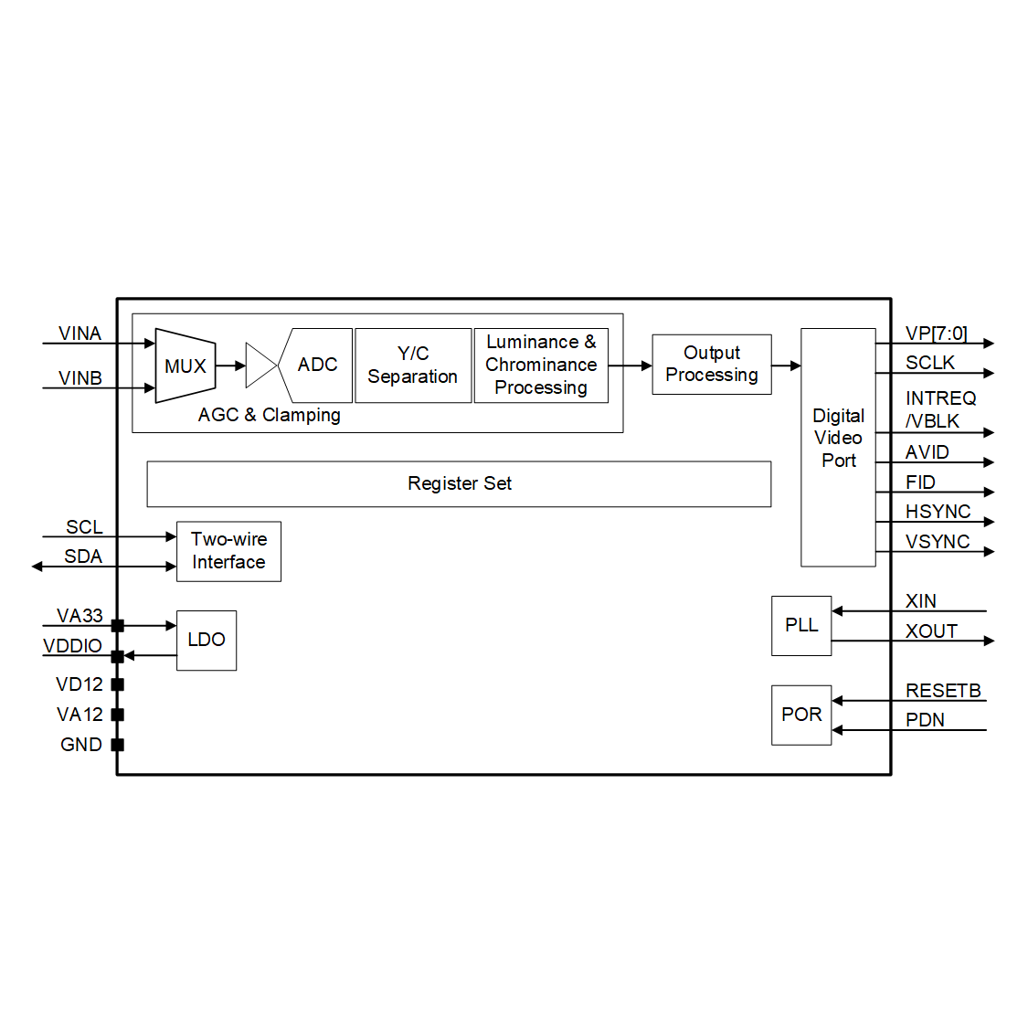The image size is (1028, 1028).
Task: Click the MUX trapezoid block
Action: (185, 366)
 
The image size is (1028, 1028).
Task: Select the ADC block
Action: (317, 366)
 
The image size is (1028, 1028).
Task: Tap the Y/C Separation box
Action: (413, 366)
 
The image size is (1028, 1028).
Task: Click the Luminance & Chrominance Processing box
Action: (541, 366)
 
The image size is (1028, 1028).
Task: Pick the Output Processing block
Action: (712, 365)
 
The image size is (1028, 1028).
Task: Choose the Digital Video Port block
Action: (838, 447)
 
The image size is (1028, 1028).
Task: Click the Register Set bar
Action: (459, 483)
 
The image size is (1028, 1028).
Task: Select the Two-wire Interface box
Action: (228, 551)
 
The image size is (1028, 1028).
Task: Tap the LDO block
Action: (207, 640)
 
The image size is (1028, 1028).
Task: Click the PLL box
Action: (801, 625)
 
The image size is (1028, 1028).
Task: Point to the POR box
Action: (801, 715)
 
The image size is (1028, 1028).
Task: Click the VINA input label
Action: (79, 334)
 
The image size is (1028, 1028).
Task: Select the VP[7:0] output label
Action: (936, 334)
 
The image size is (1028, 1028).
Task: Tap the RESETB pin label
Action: (943, 691)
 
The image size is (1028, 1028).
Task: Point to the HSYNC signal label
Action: (938, 512)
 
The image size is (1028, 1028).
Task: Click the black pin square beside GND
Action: (117, 745)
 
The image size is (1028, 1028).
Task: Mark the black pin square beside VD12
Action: (117, 684)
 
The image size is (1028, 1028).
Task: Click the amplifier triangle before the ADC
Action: (260, 366)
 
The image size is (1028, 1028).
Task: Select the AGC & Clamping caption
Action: (270, 415)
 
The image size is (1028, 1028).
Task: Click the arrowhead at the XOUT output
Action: (989, 641)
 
